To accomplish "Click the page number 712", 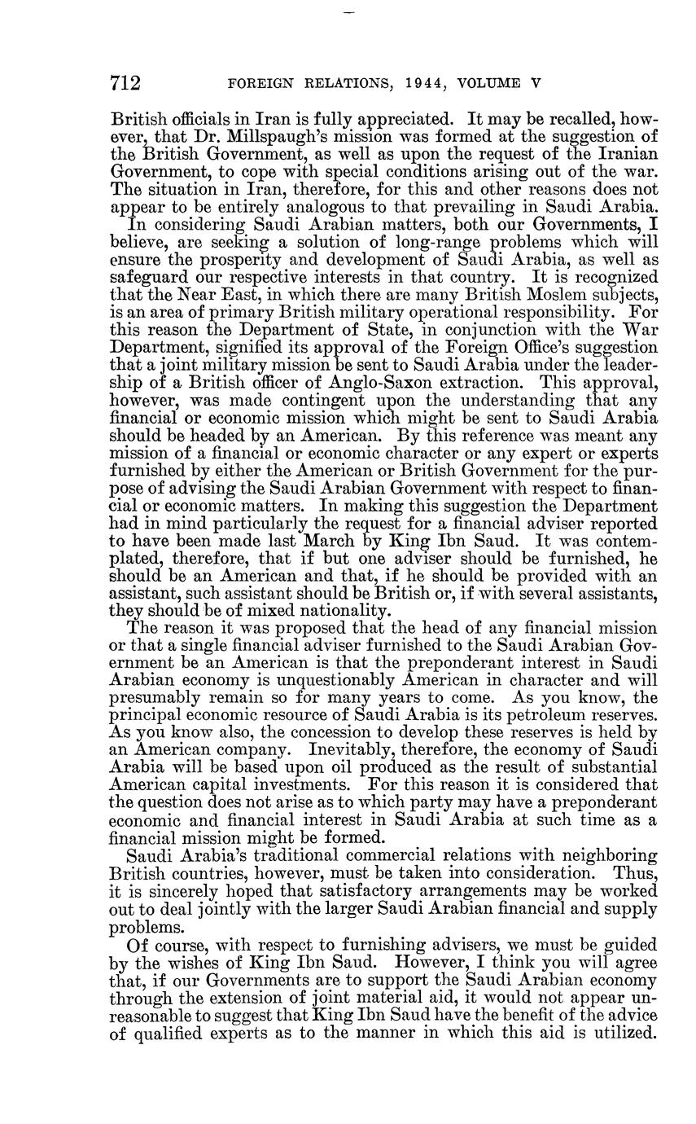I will (126, 83).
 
